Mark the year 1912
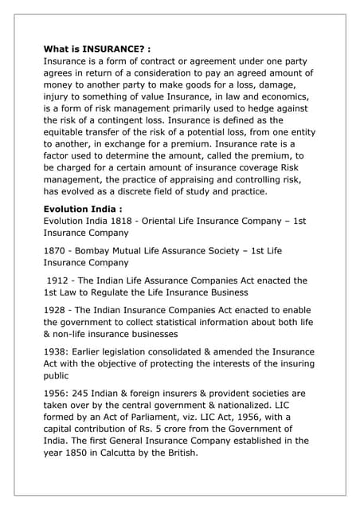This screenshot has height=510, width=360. coord(61,280)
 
